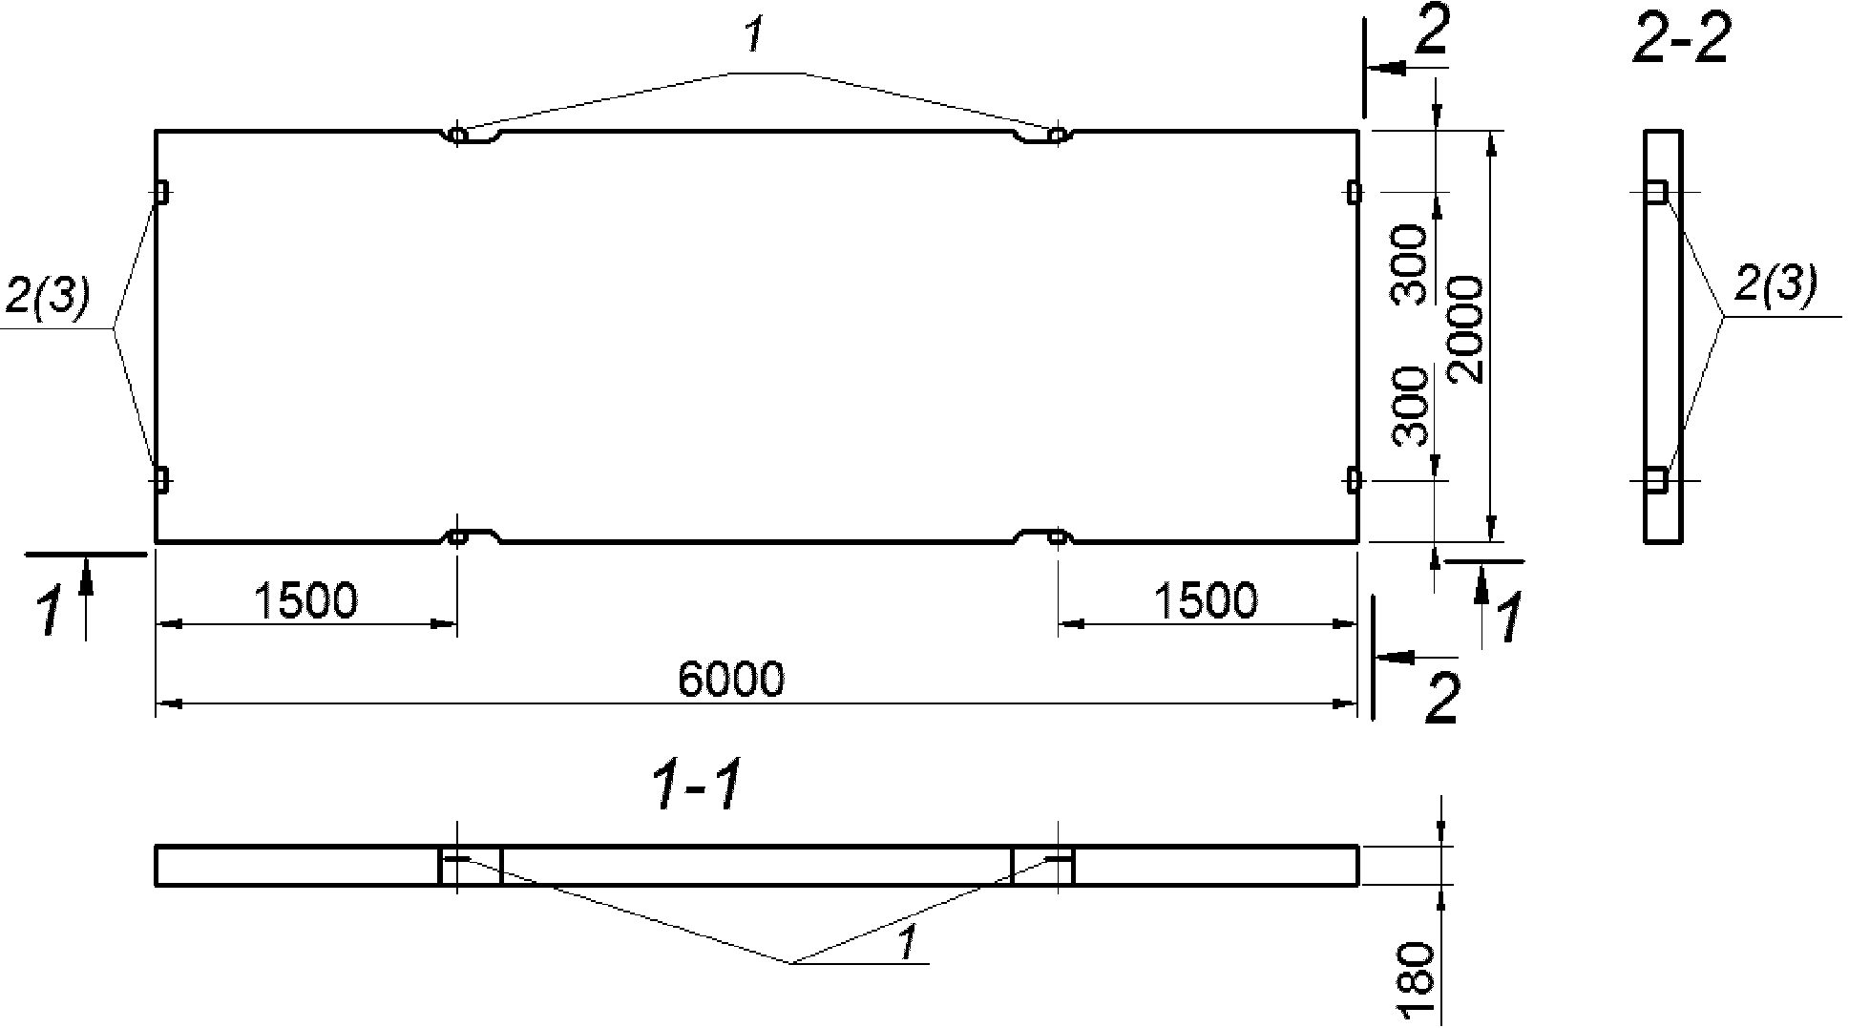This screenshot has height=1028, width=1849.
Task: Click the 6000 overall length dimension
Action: point(731,679)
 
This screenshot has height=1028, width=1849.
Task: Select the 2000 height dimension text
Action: point(1465,329)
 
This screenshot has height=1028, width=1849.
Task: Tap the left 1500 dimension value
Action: point(305,600)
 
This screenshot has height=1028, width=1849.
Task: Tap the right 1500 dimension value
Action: point(1206,600)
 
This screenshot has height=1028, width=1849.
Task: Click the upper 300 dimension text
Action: point(1411,264)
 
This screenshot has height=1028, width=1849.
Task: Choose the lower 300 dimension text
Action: point(1411,407)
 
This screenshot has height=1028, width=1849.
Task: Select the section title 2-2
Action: point(1681,39)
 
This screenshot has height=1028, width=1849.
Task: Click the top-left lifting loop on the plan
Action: point(458,136)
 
